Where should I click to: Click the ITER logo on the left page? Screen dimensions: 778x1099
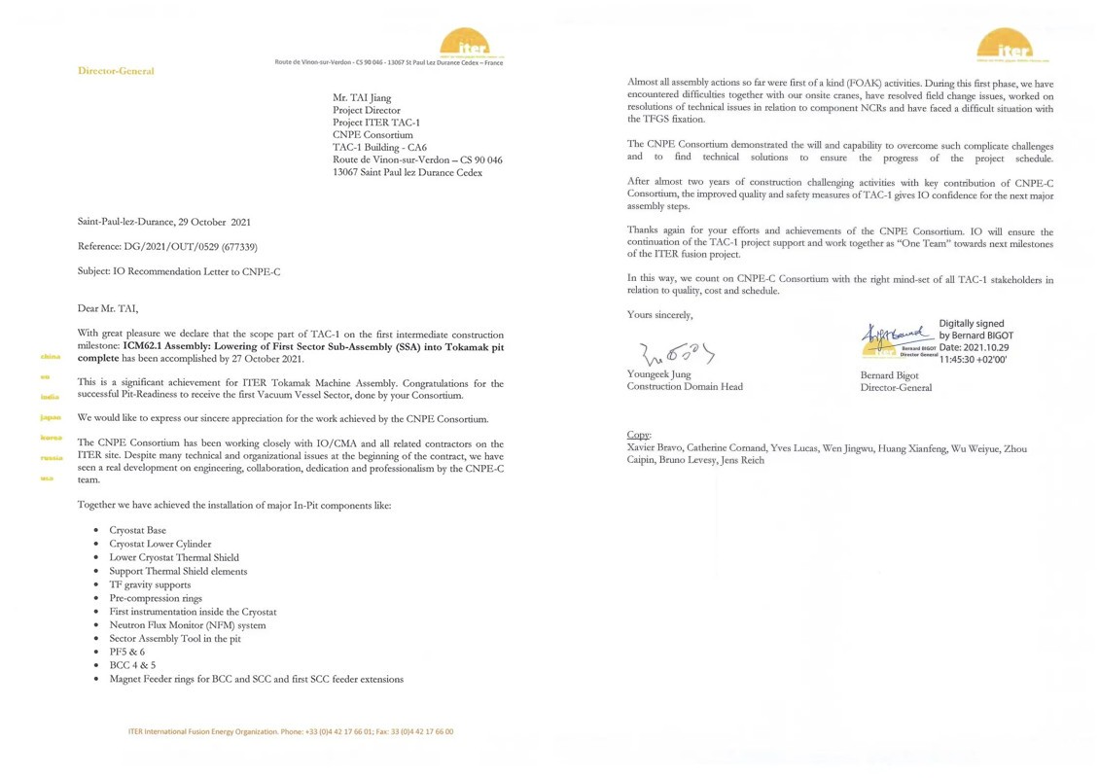click(466, 44)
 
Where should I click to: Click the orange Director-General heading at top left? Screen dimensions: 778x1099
click(116, 71)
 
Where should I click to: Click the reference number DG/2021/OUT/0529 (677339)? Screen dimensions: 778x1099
click(167, 247)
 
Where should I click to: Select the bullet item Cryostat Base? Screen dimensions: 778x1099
click(137, 530)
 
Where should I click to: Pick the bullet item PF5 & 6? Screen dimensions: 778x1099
click(126, 652)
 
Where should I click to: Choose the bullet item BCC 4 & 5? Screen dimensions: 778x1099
click(132, 665)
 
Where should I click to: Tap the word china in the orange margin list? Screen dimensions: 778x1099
click(51, 357)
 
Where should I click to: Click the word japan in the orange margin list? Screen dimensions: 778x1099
click(51, 417)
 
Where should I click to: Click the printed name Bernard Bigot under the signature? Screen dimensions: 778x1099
click(889, 374)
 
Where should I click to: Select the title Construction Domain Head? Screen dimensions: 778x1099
click(685, 387)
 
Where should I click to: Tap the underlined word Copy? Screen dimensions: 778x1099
click(639, 435)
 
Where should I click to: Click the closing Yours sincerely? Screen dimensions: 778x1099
click(659, 314)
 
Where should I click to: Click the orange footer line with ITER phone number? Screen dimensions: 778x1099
click(291, 731)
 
